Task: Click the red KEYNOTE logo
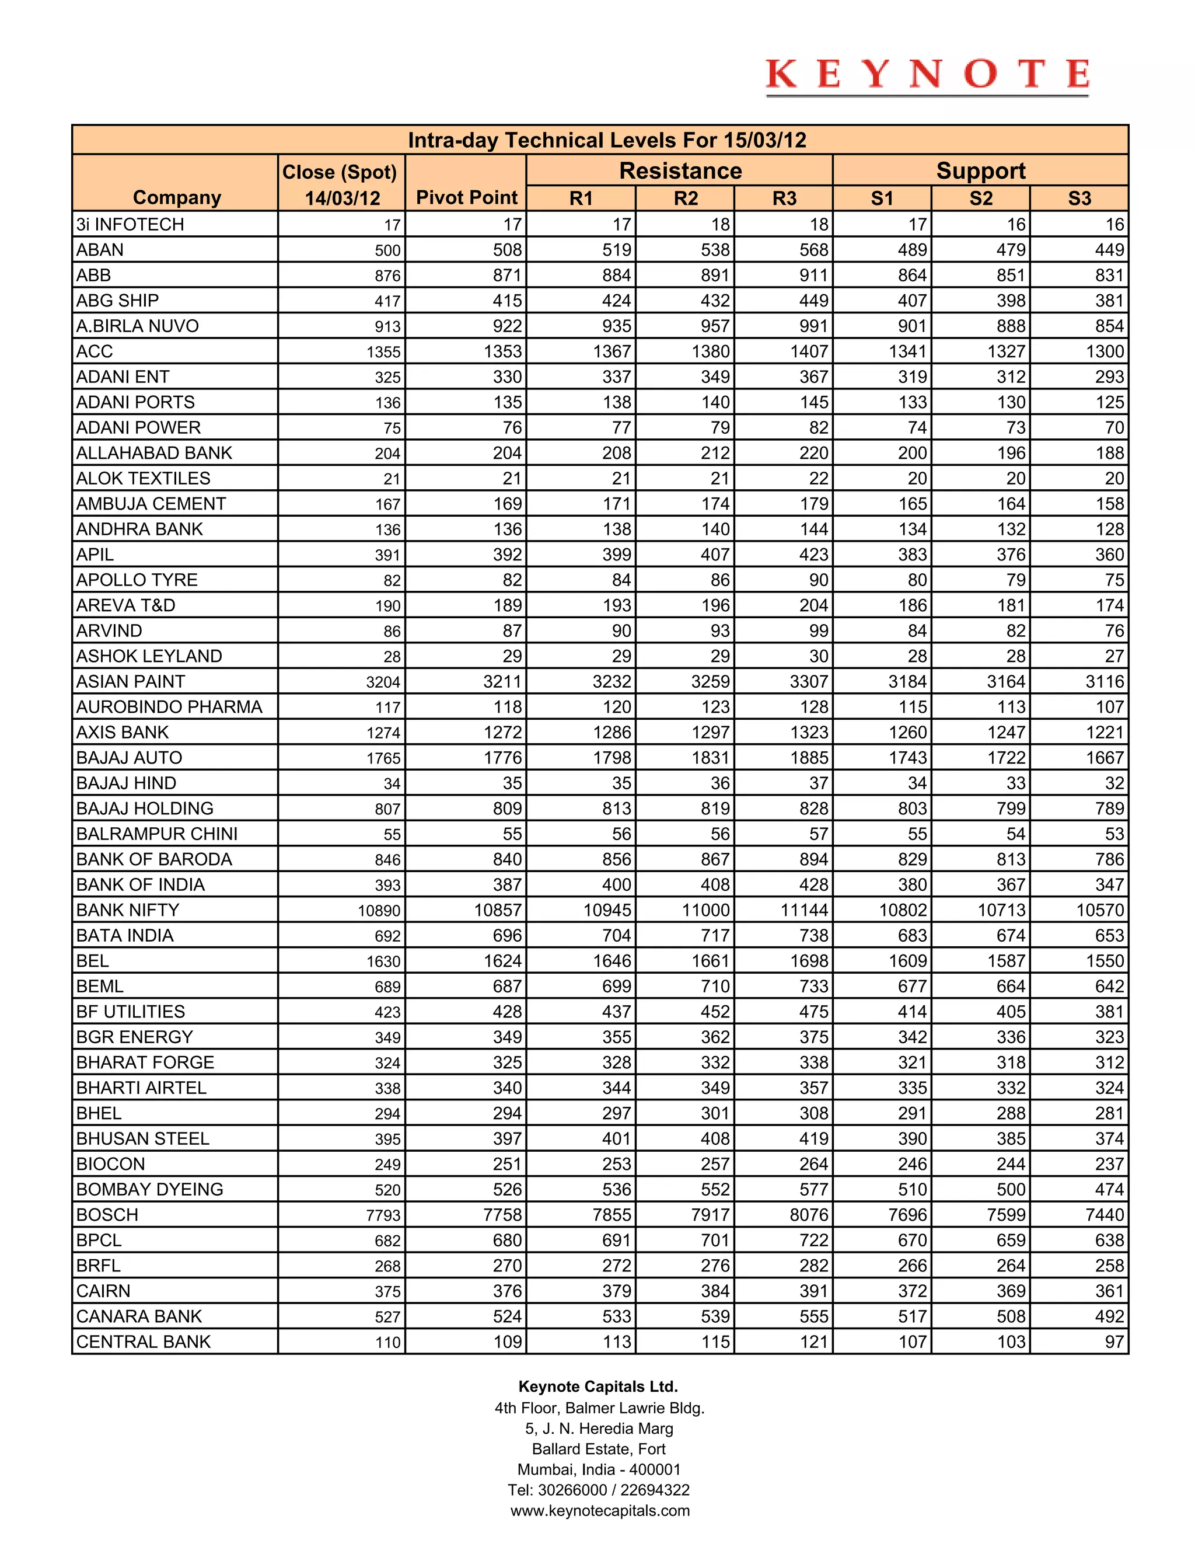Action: tap(927, 75)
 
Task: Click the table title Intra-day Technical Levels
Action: tap(607, 140)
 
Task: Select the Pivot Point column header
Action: tap(467, 198)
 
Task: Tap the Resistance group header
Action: tap(680, 170)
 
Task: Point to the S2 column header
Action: tap(980, 198)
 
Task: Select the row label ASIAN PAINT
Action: tap(131, 681)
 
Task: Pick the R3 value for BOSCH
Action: tap(809, 1215)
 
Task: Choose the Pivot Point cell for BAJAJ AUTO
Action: tap(502, 758)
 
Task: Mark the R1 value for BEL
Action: tap(612, 961)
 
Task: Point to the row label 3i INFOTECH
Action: tap(130, 225)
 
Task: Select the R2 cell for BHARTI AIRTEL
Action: tap(715, 1088)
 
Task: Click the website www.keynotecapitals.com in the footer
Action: tap(600, 1510)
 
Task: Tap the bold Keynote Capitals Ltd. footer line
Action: tap(598, 1386)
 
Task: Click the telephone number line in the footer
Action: tap(599, 1490)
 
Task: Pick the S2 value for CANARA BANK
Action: tap(1010, 1317)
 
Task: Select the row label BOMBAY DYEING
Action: tap(150, 1189)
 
